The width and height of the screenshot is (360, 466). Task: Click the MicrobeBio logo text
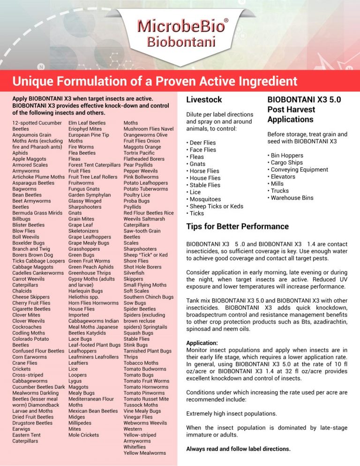click(180, 25)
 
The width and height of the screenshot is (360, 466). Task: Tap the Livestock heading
click(204, 100)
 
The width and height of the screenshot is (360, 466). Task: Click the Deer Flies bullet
click(202, 143)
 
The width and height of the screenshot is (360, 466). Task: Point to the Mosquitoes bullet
click(206, 199)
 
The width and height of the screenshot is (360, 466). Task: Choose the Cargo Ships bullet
click(288, 163)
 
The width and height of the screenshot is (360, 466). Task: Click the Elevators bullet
click(285, 177)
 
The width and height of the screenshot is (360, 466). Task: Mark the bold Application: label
click(202, 343)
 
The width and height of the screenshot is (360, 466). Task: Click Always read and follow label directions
click(238, 449)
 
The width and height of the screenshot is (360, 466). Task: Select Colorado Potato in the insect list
click(30, 339)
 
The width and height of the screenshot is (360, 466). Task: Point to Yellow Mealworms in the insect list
click(145, 453)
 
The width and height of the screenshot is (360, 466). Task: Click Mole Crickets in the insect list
click(83, 435)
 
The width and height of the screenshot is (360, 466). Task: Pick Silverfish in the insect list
click(134, 273)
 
